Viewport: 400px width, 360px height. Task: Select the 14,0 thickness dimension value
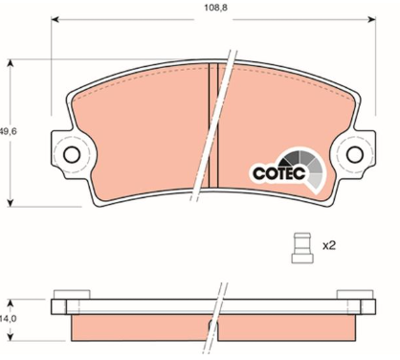point(8,319)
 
